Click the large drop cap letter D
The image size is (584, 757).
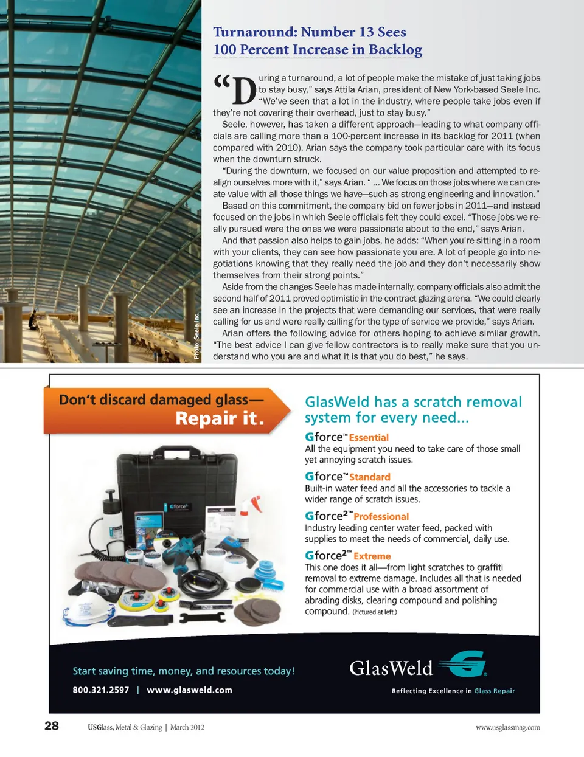[245, 92]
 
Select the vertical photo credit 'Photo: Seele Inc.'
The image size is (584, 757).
[196, 336]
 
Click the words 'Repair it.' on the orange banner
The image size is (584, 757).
[220, 418]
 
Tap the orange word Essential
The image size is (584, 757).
[369, 438]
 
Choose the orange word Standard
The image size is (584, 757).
[370, 477]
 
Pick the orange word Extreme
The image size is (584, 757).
[372, 556]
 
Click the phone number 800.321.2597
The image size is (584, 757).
[101, 690]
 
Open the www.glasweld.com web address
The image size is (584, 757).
[190, 690]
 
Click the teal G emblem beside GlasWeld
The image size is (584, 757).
[464, 664]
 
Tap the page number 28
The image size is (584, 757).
[52, 725]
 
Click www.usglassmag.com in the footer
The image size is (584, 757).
[507, 727]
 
